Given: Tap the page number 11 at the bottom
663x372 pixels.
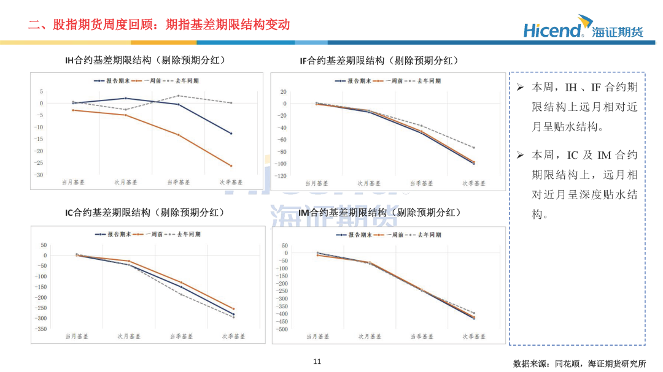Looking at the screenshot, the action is pyautogui.click(x=317, y=362).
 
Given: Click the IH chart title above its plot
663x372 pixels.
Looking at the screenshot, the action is pyautogui.click(x=145, y=61).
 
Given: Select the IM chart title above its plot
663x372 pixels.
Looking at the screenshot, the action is pyautogui.click(x=379, y=213).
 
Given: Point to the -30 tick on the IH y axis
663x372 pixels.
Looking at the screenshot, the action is pyautogui.click(x=39, y=175).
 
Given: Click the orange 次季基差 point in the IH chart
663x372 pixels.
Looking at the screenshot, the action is pyautogui.click(x=231, y=166).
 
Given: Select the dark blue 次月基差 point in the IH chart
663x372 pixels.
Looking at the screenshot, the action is pyautogui.click(x=126, y=99).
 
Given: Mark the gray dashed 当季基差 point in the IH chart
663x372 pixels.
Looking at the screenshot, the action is pyautogui.click(x=179, y=96).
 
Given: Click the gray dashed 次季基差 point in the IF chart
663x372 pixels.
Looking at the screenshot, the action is pyautogui.click(x=473, y=148).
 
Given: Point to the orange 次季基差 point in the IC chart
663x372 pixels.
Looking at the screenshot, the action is pyautogui.click(x=233, y=309).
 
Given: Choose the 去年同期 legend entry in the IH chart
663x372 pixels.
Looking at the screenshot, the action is pyautogui.click(x=181, y=81).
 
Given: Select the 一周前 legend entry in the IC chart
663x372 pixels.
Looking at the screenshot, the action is pyautogui.click(x=148, y=234).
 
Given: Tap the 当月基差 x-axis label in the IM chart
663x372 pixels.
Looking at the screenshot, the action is pyautogui.click(x=317, y=336).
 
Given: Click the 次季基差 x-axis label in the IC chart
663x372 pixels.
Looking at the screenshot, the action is pyautogui.click(x=233, y=336).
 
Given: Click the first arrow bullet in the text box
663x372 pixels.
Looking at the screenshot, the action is pyautogui.click(x=520, y=88).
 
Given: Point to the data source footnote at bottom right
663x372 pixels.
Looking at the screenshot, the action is pyautogui.click(x=580, y=363).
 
